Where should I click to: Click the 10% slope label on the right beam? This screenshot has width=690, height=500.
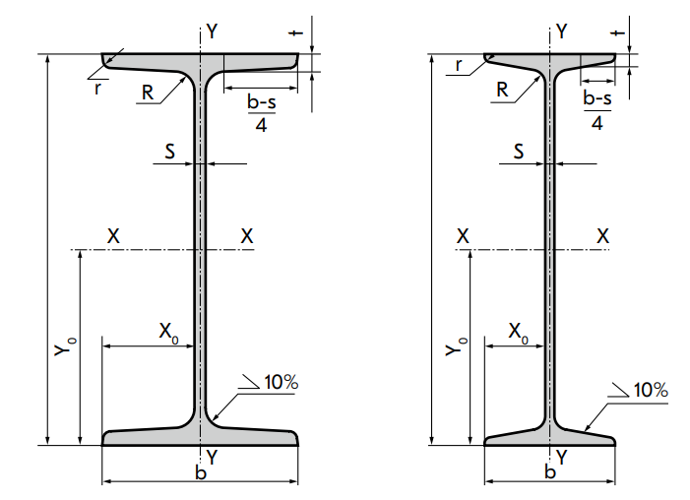click(651, 391)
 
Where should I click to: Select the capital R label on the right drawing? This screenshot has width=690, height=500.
click(501, 90)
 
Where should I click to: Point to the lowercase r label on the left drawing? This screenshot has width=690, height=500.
click(97, 88)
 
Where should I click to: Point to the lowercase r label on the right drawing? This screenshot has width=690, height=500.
click(459, 66)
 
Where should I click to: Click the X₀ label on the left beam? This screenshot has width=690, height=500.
click(169, 330)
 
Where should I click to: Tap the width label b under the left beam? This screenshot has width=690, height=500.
click(200, 473)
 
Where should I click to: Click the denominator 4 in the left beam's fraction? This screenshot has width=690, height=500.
click(259, 124)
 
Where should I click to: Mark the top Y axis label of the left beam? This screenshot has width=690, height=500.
click(212, 31)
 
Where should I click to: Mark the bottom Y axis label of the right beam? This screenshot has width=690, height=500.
click(561, 456)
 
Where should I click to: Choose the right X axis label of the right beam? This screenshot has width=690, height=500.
click(603, 236)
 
